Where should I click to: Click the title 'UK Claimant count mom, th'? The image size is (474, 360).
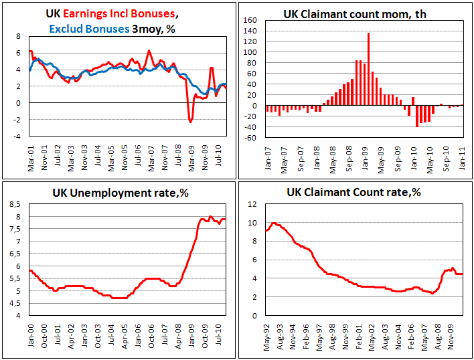(x=355, y=13)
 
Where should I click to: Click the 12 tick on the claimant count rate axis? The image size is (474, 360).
(x=253, y=205)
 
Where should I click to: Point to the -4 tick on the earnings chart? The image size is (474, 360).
(x=18, y=137)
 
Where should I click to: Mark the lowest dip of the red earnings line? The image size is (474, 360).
(x=191, y=122)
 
